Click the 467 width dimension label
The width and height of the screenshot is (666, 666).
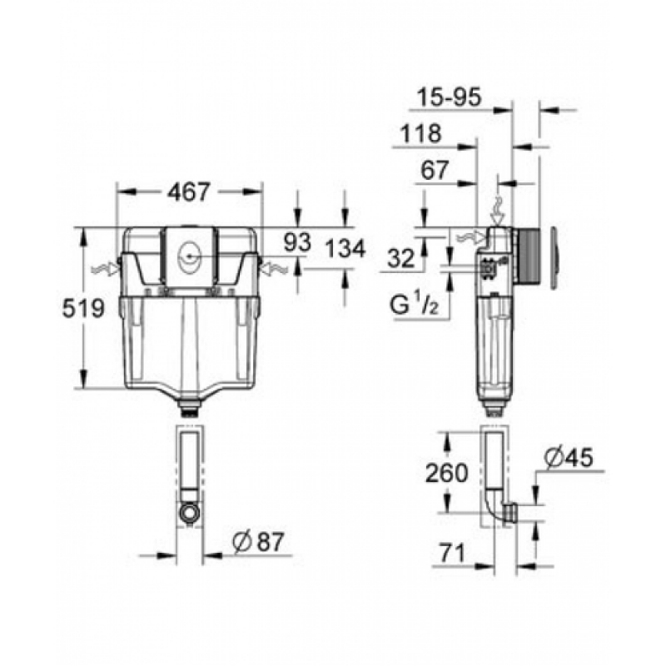tap(189, 192)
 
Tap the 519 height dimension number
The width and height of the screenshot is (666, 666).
tap(83, 308)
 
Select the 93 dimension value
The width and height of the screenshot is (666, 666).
tap(297, 243)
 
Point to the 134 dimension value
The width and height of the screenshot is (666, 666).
tap(345, 248)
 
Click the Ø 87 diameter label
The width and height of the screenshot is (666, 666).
tap(258, 542)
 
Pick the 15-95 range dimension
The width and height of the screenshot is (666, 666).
tap(449, 97)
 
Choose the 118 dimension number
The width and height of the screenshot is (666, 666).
tap(421, 133)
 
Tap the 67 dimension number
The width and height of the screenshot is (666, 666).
tap(435, 171)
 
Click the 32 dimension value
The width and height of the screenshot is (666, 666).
tap(400, 258)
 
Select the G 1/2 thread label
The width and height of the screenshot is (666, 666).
tap(414, 305)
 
